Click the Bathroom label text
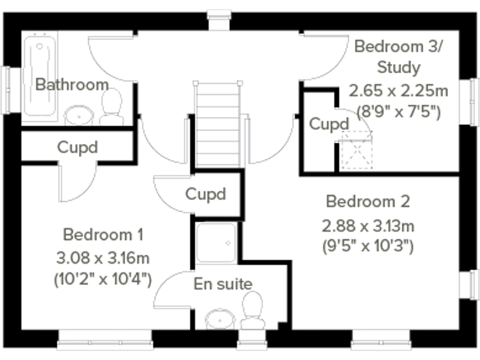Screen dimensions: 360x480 click(71, 84)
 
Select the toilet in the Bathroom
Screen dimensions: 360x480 click(112, 106)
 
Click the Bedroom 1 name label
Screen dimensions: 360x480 click(103, 235)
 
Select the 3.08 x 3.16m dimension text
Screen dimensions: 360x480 click(103, 257)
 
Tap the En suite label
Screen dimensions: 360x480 click(222, 284)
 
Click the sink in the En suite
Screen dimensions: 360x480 click(219, 319)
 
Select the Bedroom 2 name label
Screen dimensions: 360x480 click(367, 202)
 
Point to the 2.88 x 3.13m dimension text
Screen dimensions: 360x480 click(367, 224)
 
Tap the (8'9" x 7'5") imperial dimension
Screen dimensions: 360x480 click(398, 112)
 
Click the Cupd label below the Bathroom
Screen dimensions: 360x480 click(77, 147)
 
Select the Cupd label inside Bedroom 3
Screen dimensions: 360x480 click(329, 124)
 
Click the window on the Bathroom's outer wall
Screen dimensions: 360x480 click(7, 90)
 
